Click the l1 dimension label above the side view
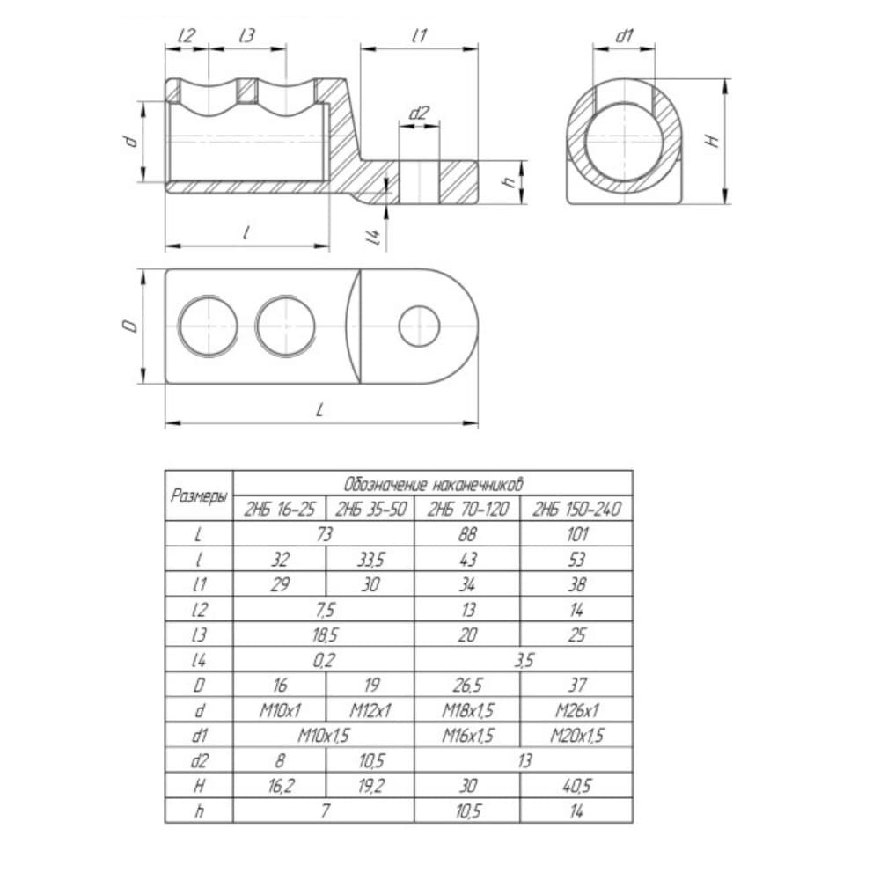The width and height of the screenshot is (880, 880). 419,36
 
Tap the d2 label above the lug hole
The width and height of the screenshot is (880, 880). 419,114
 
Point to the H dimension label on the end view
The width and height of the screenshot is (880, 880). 712,140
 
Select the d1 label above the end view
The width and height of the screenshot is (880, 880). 624,36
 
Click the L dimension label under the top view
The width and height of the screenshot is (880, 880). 320,410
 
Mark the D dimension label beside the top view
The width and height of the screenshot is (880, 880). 131,326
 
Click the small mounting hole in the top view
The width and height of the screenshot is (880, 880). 419,326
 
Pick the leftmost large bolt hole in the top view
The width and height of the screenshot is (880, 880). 208,326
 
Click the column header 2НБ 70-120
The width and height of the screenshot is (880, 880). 467,509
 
